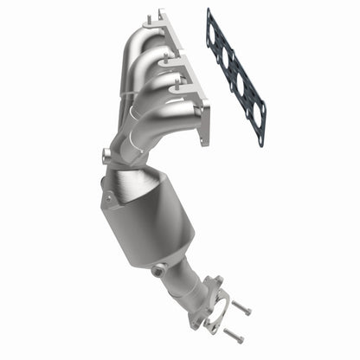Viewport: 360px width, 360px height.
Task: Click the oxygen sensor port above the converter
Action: (x=106, y=156)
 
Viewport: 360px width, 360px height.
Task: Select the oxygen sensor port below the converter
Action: (x=157, y=270)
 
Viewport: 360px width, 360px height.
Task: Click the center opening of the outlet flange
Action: (x=206, y=312)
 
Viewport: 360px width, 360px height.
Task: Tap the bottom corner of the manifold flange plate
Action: (x=205, y=138)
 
